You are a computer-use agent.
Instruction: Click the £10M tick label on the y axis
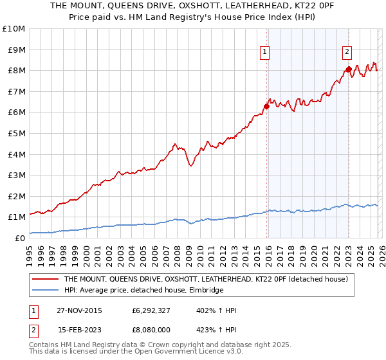coord(14,29)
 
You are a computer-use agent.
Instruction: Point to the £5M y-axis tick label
coord(16,133)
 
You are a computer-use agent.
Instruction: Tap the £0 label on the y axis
coord(20,238)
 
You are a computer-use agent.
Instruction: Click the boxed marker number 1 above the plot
coord(265,53)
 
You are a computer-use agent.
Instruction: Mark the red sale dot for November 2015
coord(266,106)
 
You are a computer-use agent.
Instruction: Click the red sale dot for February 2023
coord(348,69)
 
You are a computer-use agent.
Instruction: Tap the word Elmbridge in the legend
coord(205,291)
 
